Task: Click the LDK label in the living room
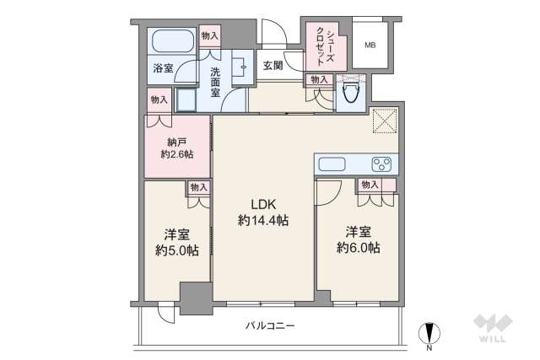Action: coord(262,203)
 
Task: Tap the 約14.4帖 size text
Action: coord(262,220)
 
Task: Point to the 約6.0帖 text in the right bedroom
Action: coord(357,247)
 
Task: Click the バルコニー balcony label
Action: coord(270,325)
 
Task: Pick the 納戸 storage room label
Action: coord(175,142)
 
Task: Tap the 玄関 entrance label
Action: coord(272,65)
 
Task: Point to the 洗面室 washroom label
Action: coord(216,82)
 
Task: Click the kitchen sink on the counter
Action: coord(331,164)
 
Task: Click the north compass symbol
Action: coord(429,333)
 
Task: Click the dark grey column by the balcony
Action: coord(197,297)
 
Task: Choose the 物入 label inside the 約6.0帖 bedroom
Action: coord(370,185)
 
